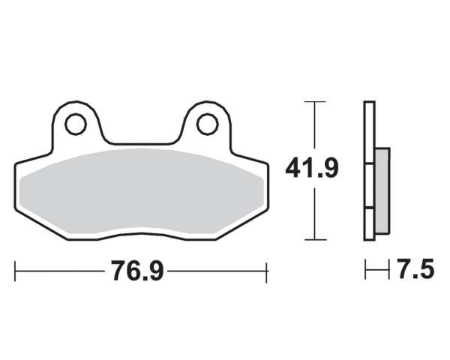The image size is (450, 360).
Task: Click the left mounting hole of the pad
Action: [x=76, y=124]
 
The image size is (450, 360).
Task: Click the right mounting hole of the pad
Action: [x=208, y=124]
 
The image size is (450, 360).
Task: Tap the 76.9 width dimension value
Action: [x=138, y=271]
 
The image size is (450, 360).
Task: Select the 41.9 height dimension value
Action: [x=312, y=168]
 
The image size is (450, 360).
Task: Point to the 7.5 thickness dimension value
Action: [x=415, y=269]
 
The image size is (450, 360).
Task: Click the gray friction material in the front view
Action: [x=142, y=191]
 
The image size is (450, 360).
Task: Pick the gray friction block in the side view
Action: [x=382, y=191]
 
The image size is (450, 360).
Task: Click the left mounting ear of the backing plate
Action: [x=76, y=124]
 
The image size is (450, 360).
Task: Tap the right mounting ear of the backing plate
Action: [x=208, y=124]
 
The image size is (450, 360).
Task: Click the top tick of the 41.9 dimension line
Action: [x=315, y=102]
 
